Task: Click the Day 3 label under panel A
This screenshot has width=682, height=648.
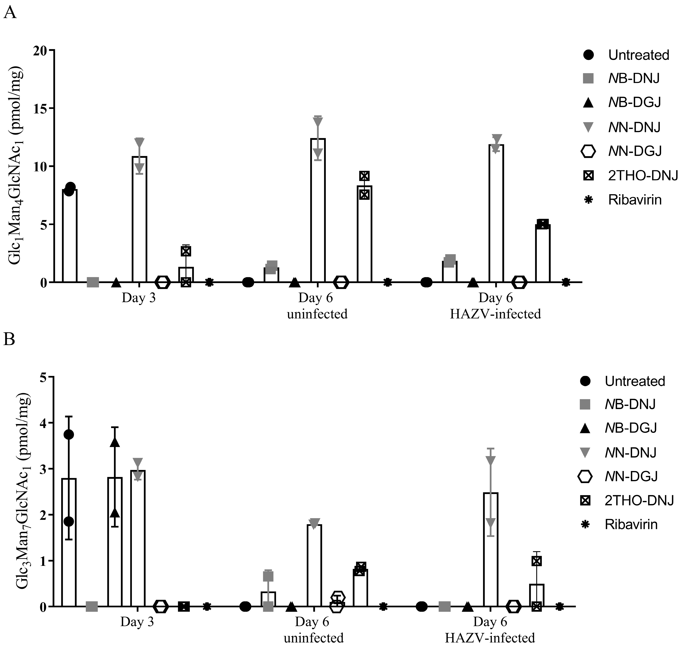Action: (x=139, y=298)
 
